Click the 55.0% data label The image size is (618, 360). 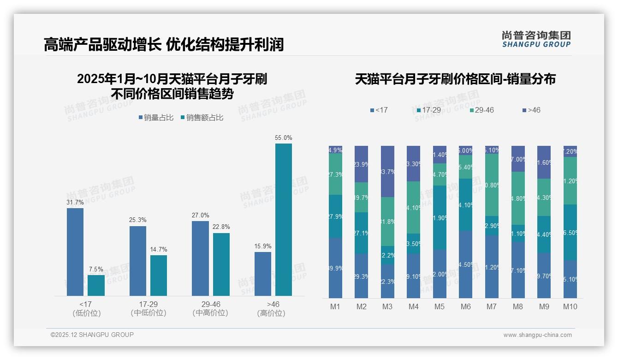(x=284, y=138)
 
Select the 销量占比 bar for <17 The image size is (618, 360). (x=75, y=252)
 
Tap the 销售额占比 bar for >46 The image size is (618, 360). (x=284, y=219)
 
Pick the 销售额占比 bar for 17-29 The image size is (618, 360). (x=159, y=275)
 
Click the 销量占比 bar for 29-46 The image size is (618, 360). (x=200, y=258)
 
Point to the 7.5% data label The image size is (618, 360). (x=96, y=269)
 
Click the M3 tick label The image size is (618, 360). (x=387, y=306)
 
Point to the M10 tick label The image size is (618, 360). (x=570, y=306)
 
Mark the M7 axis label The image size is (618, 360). (x=492, y=306)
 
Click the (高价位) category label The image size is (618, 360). (x=271, y=313)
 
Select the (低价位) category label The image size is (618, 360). (x=87, y=313)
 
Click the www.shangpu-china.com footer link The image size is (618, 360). (x=537, y=335)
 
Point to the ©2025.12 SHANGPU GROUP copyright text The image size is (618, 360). (x=92, y=335)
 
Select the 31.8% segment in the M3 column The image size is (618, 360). (x=387, y=222)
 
